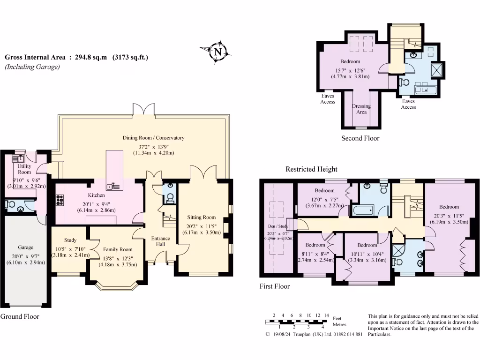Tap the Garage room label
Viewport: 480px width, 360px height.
point(25,247)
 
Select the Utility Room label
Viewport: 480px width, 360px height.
point(24,169)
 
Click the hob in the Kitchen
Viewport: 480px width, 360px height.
point(60,200)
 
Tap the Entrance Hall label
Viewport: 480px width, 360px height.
point(160,241)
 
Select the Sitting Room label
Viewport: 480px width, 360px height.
point(202,217)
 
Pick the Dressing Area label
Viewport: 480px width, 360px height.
point(361,109)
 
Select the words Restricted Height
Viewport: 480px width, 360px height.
point(311,169)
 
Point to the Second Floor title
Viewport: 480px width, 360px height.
point(360,138)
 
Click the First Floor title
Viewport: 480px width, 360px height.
point(275,286)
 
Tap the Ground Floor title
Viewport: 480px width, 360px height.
point(20,316)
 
